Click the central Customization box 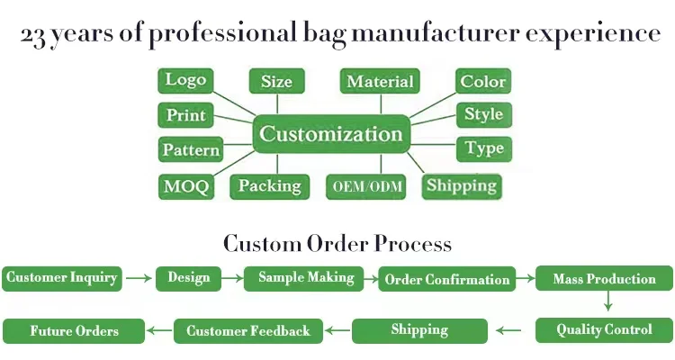(331, 134)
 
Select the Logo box (185, 80)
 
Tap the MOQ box (186, 186)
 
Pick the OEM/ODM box (366, 186)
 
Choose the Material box (380, 81)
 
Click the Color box (483, 81)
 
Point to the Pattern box (191, 149)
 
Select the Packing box (270, 186)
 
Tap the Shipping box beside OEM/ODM (462, 186)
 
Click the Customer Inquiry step (62, 279)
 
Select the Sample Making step (304, 279)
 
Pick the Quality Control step (604, 330)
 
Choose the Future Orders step (74, 331)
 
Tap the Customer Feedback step (248, 331)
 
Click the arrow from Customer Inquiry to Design (139, 278)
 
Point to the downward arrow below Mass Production (607, 301)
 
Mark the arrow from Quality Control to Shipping (508, 330)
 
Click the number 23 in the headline (32, 36)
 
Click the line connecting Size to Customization (277, 104)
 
